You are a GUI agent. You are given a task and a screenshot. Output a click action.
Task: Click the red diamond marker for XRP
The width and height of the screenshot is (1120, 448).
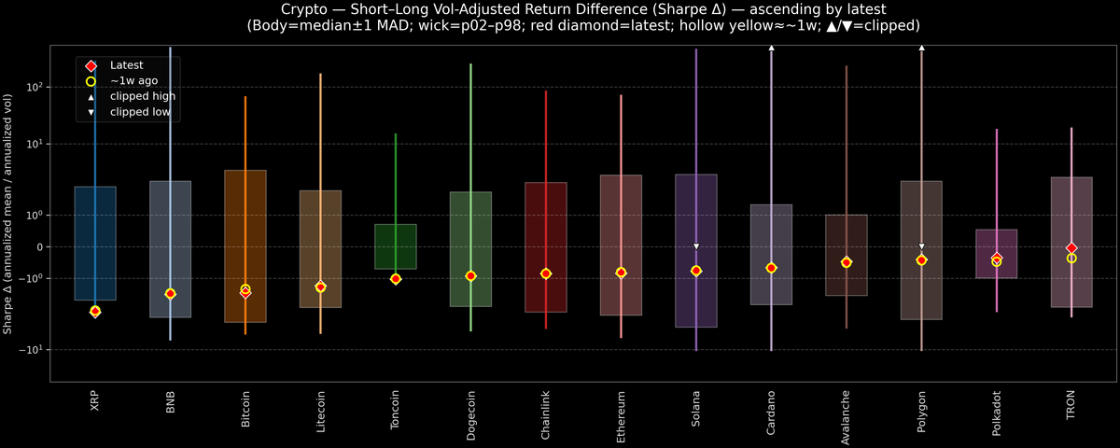(x=94, y=311)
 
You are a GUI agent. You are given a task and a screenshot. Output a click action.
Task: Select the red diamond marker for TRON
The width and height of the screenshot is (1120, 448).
(x=1071, y=248)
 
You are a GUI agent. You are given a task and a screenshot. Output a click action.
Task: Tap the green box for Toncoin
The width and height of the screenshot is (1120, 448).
(x=395, y=246)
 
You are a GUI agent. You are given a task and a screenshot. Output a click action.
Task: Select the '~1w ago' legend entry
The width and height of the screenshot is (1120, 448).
(x=133, y=81)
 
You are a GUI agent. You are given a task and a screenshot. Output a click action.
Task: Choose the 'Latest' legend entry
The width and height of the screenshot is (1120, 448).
(x=127, y=65)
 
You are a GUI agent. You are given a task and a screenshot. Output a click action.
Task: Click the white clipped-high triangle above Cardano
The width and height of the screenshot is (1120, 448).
(x=771, y=47)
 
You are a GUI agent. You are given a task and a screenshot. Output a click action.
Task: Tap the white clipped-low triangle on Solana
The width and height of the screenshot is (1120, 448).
(x=695, y=246)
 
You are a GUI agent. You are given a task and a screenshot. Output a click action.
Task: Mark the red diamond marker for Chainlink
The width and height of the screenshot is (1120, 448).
(x=546, y=273)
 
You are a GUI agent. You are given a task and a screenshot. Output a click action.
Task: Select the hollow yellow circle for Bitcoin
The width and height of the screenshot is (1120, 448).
(x=245, y=289)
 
